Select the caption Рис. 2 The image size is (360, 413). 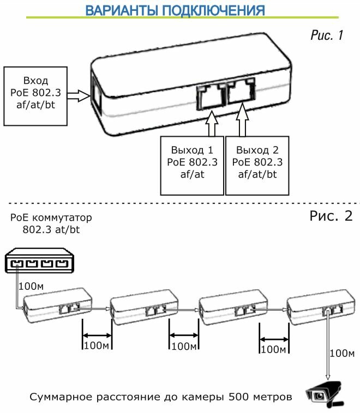(331, 215)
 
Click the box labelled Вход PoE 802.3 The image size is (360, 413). (36, 96)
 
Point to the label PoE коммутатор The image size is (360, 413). (51, 217)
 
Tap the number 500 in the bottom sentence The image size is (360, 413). (240, 396)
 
